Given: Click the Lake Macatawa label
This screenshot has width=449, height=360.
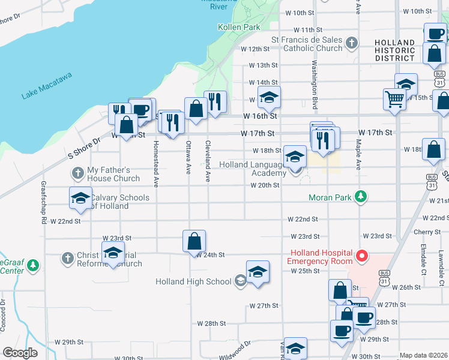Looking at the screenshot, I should click(47, 85).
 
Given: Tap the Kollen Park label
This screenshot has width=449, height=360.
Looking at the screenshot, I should click(239, 27).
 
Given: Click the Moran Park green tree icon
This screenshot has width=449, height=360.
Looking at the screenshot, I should click(360, 196).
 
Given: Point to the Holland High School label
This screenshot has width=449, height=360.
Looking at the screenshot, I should click(193, 281).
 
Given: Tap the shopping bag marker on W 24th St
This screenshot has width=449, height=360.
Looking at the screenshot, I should click(194, 241).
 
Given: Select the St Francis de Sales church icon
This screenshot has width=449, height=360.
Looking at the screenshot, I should click(352, 43).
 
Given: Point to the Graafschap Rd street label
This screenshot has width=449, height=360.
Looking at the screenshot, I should click(44, 202).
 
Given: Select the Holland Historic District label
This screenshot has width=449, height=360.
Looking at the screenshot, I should click(394, 50).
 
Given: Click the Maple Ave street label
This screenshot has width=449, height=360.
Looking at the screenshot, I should click(358, 154).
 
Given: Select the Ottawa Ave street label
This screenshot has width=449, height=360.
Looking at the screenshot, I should click(188, 157).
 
